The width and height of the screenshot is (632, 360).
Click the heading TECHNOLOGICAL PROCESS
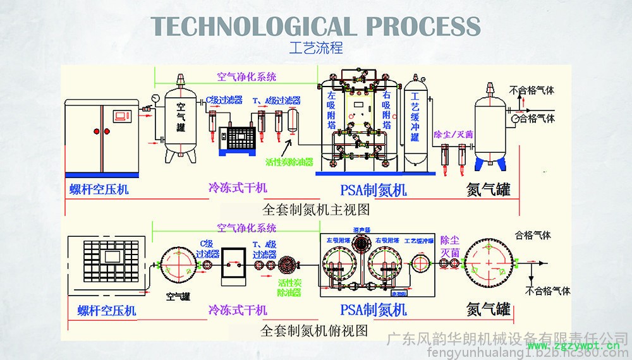316,27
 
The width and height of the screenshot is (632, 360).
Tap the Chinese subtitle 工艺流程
316,48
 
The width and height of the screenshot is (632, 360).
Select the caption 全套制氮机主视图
315,209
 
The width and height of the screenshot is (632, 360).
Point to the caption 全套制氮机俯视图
314,330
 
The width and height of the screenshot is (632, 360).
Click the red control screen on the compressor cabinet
120,116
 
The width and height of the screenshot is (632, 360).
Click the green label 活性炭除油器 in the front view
289,162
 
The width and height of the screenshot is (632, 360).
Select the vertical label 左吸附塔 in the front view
332,111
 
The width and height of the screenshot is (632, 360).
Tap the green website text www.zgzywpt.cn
573,345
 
